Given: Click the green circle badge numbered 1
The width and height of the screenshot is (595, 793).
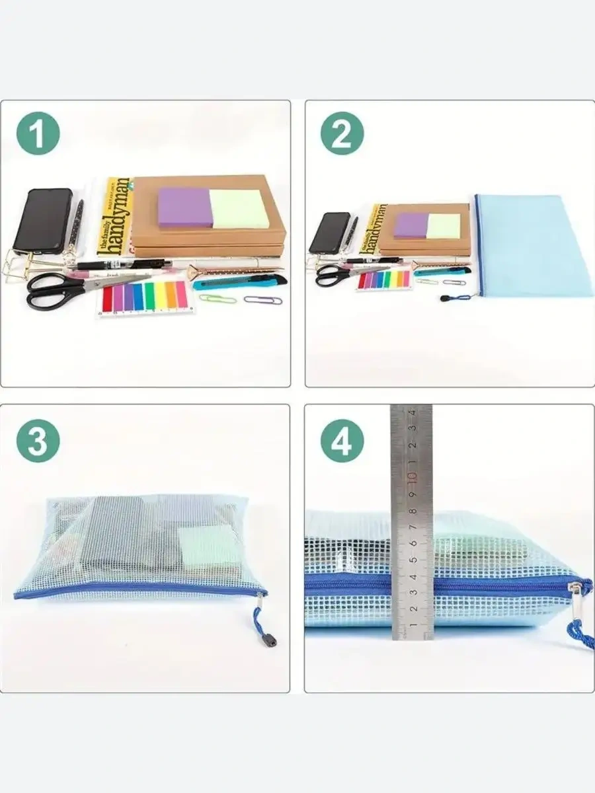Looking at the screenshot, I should (38, 134).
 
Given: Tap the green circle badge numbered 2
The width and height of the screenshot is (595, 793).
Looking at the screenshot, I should (342, 134).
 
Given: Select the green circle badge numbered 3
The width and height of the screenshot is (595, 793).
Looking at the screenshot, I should (38, 439).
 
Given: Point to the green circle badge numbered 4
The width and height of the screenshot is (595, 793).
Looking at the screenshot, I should (342, 439).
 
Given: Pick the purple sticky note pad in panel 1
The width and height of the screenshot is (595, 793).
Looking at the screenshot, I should (184, 208).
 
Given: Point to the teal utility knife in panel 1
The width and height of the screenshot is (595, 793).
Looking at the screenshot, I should (239, 283).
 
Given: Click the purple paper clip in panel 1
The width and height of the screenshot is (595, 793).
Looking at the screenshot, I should (262, 300).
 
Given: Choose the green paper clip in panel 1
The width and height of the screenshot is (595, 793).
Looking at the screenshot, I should (218, 299).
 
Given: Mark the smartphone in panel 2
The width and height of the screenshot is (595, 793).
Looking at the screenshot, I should (329, 233).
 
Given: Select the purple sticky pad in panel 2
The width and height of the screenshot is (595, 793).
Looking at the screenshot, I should (410, 225).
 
